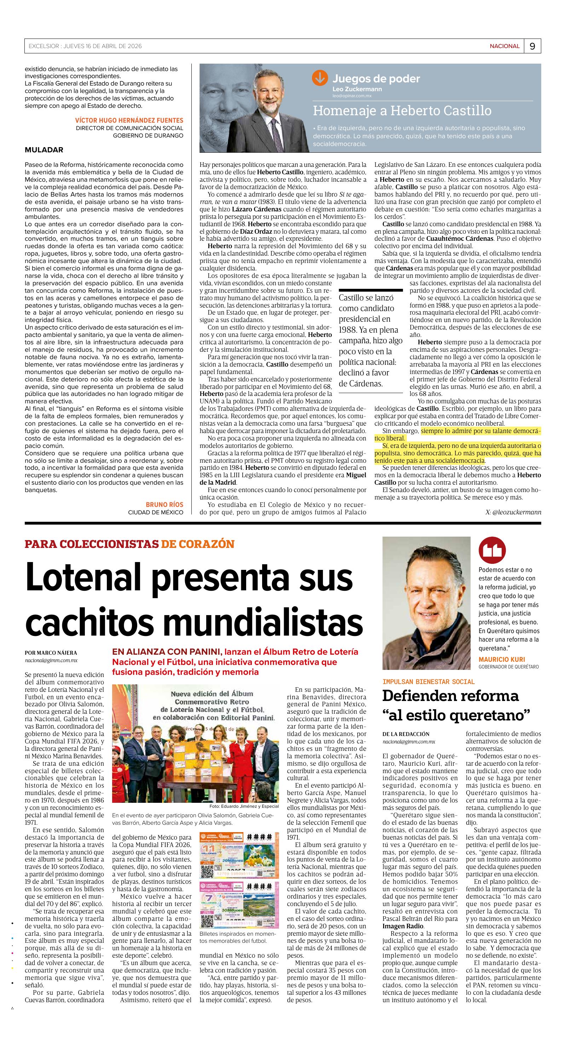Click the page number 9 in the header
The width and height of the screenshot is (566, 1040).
point(532,46)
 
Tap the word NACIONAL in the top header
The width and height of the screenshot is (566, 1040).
point(504,46)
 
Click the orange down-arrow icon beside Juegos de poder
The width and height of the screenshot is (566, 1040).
point(320,78)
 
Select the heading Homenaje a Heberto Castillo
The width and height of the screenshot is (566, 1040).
point(402,110)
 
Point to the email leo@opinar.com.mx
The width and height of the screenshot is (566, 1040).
point(352,96)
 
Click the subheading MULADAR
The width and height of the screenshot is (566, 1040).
point(44,150)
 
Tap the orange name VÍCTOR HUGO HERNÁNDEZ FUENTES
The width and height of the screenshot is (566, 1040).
point(129,120)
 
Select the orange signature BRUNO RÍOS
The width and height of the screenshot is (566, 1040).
point(164,505)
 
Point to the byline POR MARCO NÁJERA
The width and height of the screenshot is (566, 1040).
point(51,653)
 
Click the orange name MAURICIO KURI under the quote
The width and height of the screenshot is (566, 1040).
point(501,659)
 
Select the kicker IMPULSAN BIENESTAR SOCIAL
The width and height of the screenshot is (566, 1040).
point(429,682)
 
